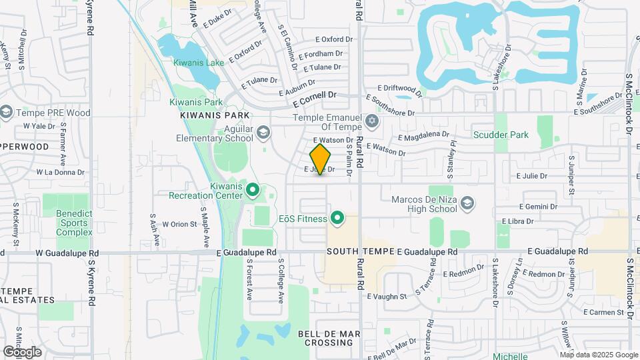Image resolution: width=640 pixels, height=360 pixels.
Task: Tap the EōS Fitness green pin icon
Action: tap(337, 218)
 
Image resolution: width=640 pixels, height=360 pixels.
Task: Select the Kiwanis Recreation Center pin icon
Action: tap(253, 191)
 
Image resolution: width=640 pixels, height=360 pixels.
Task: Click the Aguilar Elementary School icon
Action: tap(263, 133)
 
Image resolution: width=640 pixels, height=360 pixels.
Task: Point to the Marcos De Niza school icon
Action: tap(468, 202)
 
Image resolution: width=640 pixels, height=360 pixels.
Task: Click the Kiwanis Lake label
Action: tap(199, 63)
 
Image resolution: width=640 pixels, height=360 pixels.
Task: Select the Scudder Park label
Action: tap(501, 135)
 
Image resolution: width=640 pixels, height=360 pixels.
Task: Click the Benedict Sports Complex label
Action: tap(74, 223)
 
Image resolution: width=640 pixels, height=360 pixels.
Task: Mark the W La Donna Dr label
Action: tap(61, 172)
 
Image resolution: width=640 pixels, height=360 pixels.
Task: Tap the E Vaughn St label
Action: tap(388, 297)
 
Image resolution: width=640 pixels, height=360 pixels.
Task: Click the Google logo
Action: tap(22, 352)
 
